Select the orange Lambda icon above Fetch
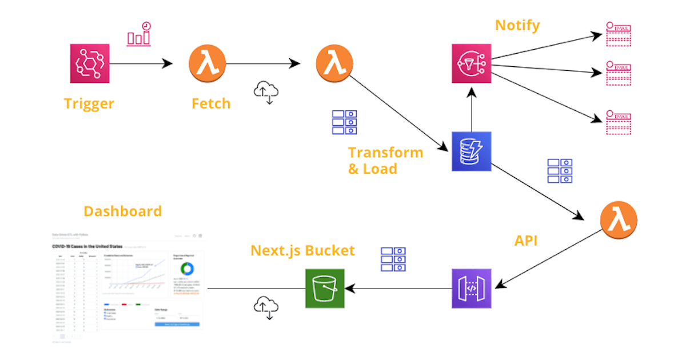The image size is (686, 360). point(208,63)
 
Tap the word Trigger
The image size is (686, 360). point(89,103)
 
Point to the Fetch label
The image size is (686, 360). point(211,103)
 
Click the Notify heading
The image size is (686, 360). point(517,25)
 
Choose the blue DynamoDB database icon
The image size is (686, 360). point(472,151)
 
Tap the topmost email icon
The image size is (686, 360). point(619,34)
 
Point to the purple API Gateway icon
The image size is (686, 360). point(472,288)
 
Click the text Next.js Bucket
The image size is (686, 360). point(303,250)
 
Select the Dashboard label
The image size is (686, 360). point(123,211)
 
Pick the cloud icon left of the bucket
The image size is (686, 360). point(266,306)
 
